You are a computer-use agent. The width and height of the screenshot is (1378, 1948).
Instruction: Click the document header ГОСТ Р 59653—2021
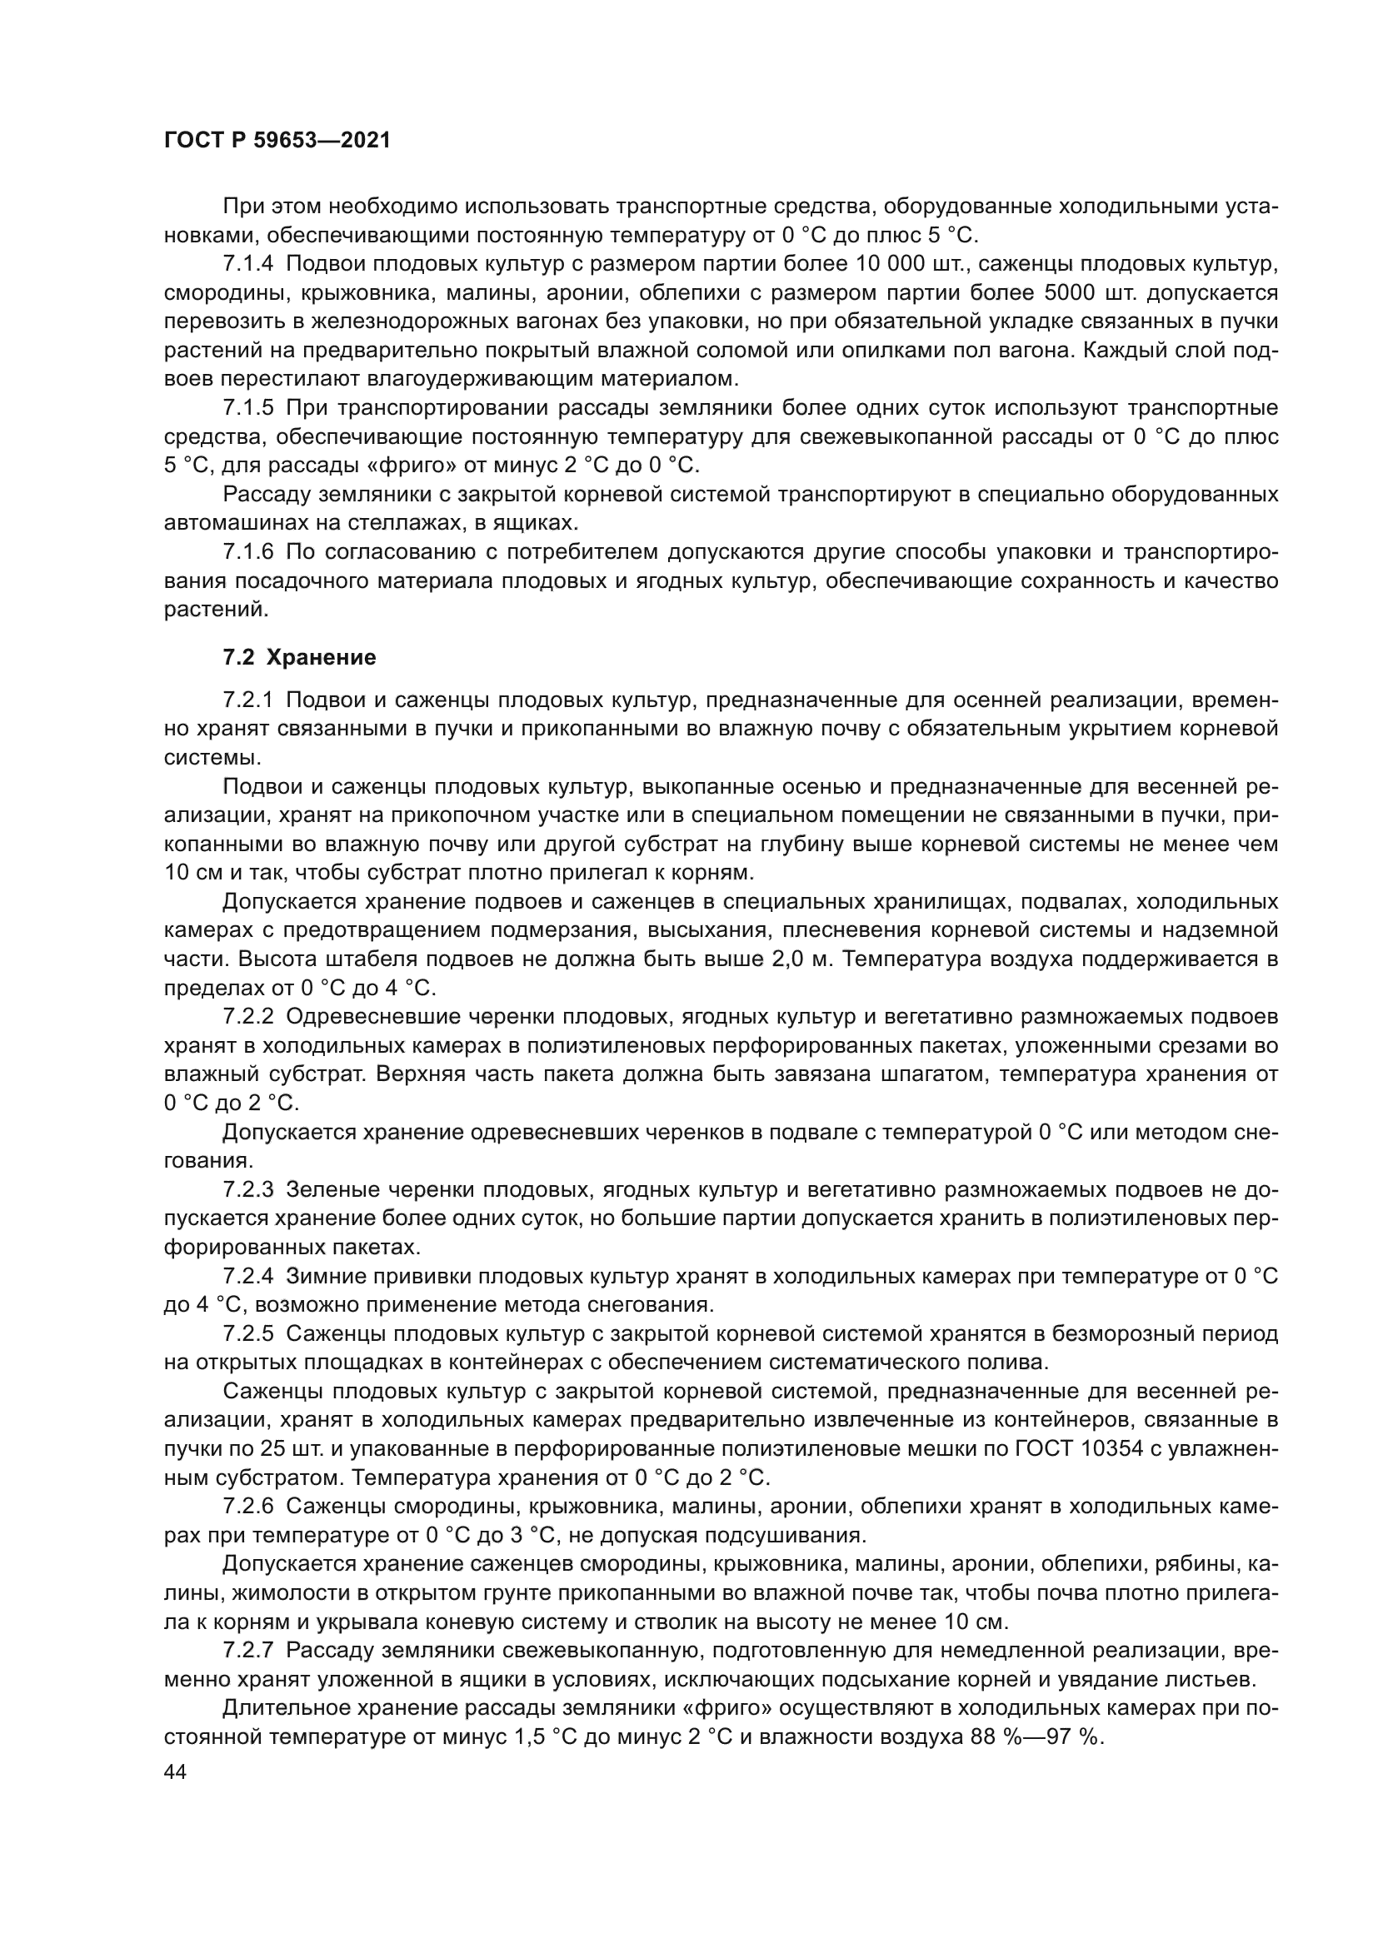(277, 141)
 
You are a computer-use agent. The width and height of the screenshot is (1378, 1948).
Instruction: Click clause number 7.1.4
(248, 264)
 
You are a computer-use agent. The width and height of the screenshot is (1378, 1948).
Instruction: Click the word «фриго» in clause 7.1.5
(409, 465)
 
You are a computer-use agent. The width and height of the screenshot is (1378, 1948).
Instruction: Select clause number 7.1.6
(248, 552)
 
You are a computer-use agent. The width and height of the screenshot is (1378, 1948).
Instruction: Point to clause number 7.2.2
(248, 1016)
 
